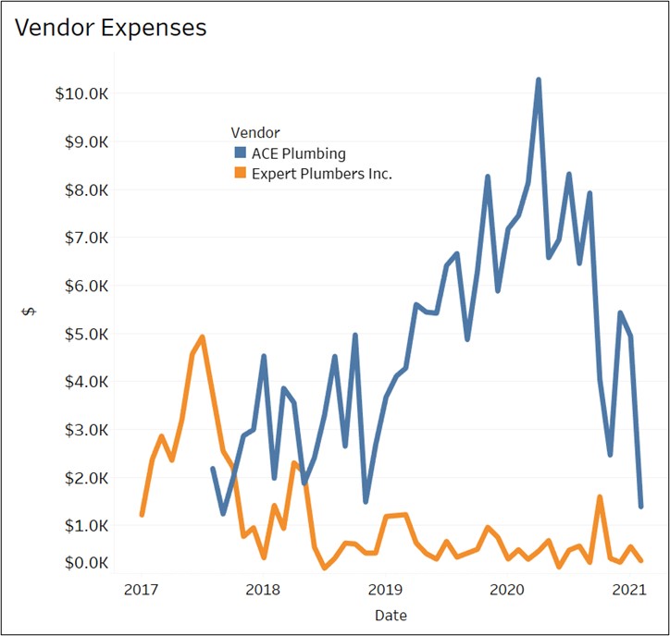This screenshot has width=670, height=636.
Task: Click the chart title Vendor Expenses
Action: click(111, 28)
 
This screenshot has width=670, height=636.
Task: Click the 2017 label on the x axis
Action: click(141, 589)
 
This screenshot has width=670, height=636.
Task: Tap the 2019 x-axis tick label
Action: click(385, 589)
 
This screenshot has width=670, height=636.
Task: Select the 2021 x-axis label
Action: click(629, 589)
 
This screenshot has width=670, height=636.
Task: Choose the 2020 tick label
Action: click(507, 589)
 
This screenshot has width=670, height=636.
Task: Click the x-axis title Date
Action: click(391, 615)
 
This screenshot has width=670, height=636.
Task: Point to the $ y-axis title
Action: click(30, 312)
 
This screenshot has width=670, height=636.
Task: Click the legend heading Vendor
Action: click(255, 133)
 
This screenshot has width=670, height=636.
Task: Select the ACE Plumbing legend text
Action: click(298, 153)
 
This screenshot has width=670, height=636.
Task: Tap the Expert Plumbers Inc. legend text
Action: click(321, 173)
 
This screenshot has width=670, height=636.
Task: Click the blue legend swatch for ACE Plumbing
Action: click(240, 153)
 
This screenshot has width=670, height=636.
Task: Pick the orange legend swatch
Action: click(240, 173)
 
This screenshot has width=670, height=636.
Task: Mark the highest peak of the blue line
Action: click(539, 80)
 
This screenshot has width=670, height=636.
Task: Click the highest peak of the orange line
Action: click(202, 337)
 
